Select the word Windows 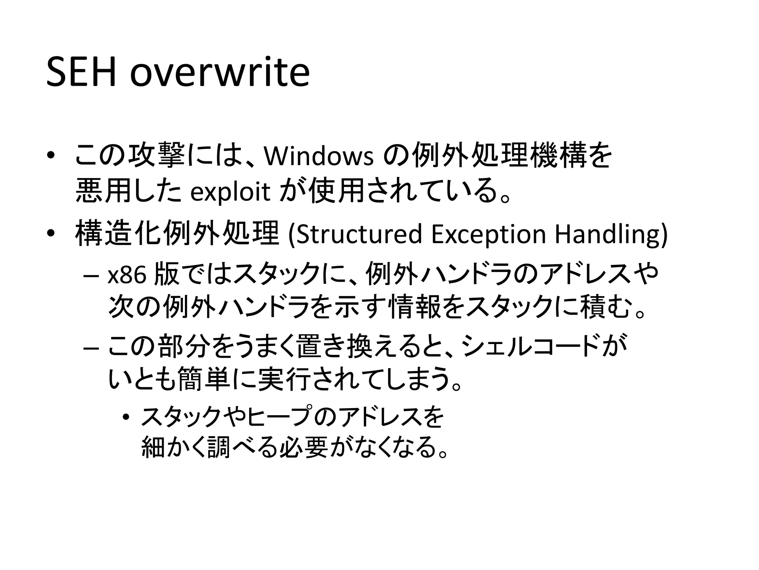[x=318, y=156]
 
